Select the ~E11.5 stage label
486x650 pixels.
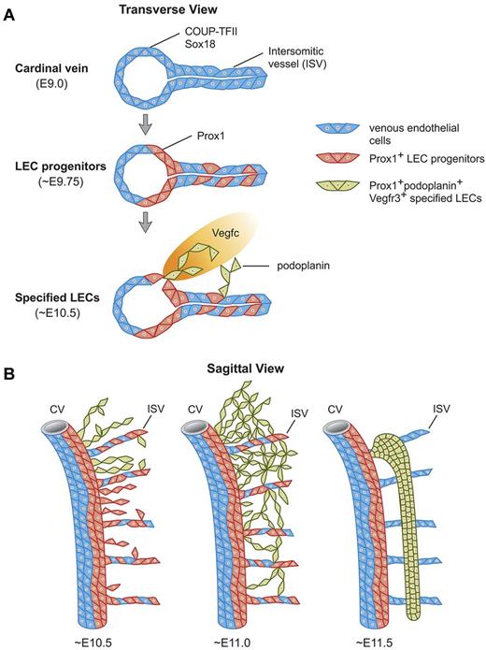[x=384, y=640]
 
